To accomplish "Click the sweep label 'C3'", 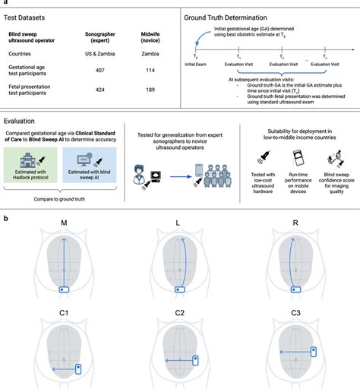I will [296, 318].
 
